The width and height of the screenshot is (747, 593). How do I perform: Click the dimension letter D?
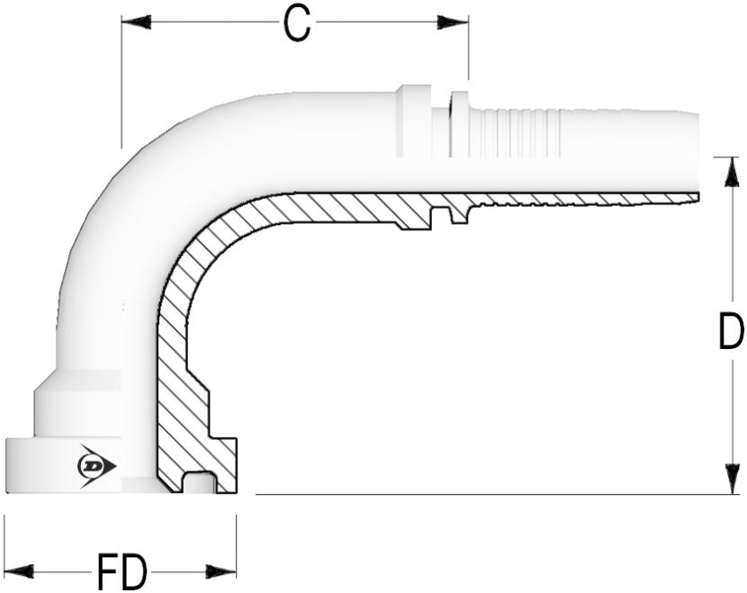(730, 331)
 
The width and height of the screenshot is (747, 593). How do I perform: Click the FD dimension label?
(121, 571)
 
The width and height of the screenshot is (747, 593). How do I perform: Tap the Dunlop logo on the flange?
(96, 466)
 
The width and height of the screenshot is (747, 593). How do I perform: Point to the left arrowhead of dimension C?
(136, 22)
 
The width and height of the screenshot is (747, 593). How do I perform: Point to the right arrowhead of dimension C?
(453, 22)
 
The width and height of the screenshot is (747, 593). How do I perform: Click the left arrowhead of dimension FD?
(19, 571)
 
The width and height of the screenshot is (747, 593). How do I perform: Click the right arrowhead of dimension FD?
(221, 571)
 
